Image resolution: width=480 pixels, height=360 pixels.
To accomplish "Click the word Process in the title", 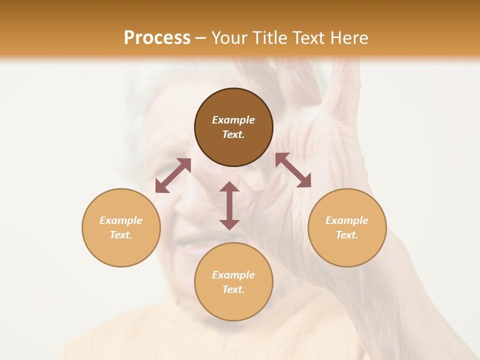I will point(157,37).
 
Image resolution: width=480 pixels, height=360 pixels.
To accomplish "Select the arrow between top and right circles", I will point(293,170).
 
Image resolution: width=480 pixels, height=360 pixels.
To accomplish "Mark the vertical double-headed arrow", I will point(229,205).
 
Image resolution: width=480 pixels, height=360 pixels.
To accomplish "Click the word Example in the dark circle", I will point(233,120).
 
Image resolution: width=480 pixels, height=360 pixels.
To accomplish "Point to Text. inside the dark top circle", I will point(233,134).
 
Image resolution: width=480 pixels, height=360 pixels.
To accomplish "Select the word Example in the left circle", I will point(121,220).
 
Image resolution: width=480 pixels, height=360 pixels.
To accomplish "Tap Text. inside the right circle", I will point(347,235).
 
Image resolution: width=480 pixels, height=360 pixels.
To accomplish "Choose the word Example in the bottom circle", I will point(233,275).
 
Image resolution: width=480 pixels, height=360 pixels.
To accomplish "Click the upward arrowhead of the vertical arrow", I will point(229,187).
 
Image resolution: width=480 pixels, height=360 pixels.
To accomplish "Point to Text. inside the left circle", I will point(121,235).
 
